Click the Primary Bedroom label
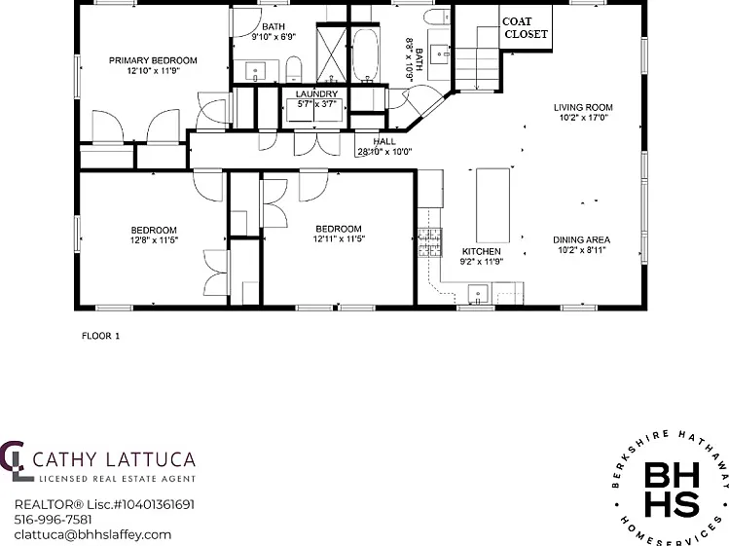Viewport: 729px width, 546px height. coord(153,60)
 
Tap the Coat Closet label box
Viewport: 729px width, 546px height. coord(526,27)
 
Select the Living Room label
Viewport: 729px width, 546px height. coord(583,107)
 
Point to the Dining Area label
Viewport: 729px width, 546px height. coord(582,240)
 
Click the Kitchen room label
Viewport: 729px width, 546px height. coord(481,252)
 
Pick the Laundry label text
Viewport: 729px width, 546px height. coord(316,94)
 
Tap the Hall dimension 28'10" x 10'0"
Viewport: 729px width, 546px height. coord(385,152)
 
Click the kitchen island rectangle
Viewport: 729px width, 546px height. coord(492,205)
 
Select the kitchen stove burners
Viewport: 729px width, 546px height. coord(430,242)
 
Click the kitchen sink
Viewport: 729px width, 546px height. coord(478,294)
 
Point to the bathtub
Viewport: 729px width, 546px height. coord(366,55)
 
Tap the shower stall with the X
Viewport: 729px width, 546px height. coord(332,53)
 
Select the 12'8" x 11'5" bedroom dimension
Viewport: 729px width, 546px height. coord(154,240)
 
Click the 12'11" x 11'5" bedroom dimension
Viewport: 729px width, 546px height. coord(339,239)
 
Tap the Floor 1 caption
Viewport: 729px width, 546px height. coord(100,336)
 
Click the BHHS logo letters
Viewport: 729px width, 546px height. coord(672,490)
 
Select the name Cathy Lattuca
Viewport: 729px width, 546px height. coord(114,459)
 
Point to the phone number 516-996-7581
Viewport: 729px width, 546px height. coord(53,520)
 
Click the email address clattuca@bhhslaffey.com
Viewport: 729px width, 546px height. coord(92,535)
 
